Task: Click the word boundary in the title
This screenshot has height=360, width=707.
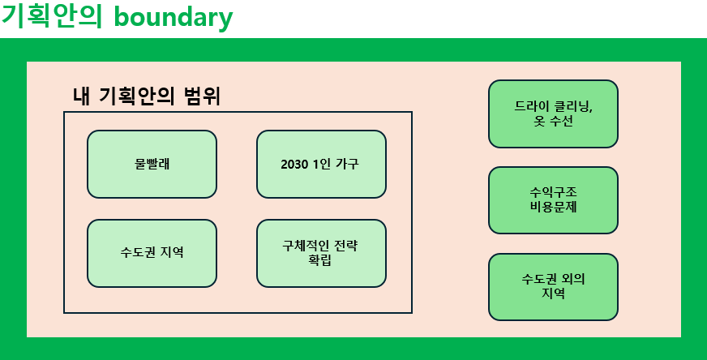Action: (x=174, y=17)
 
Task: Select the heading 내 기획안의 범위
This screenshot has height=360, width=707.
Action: (x=147, y=96)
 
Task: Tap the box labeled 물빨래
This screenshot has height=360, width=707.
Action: (x=152, y=165)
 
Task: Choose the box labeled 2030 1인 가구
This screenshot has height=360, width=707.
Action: (x=322, y=165)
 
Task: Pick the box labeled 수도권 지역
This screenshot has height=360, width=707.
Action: (x=152, y=253)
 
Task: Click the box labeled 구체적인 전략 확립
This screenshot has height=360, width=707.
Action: (x=322, y=253)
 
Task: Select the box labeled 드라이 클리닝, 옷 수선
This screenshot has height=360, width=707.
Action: (x=553, y=114)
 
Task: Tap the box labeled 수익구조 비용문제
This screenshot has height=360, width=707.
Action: (x=553, y=200)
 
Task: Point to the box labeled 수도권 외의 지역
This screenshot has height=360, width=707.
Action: (x=553, y=287)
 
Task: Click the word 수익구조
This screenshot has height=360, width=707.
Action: (x=553, y=193)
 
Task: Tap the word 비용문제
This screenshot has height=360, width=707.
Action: (x=553, y=208)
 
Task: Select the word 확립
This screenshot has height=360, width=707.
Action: (x=320, y=260)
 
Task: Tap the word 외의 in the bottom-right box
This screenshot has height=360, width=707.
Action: (x=573, y=279)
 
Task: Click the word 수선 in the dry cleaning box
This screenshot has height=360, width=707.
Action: (x=561, y=122)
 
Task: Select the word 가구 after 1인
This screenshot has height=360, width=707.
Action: (x=347, y=165)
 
